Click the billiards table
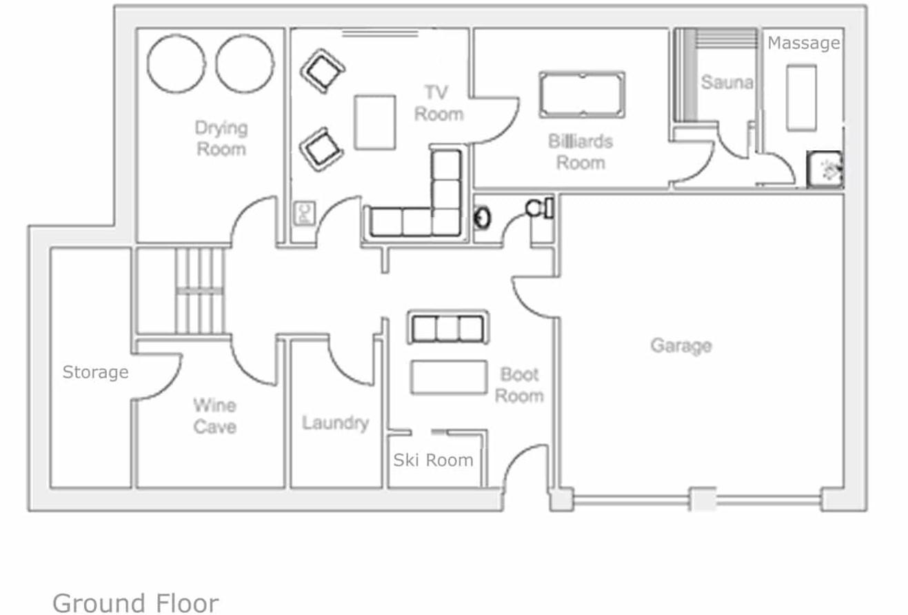click(x=582, y=95)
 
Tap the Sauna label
click(x=727, y=82)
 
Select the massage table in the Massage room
click(x=801, y=98)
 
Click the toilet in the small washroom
click(x=540, y=208)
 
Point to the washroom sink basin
click(x=482, y=218)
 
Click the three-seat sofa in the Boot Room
click(x=448, y=327)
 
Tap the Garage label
click(x=681, y=346)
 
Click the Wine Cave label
click(x=215, y=416)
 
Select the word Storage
click(x=96, y=372)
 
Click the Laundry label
click(x=336, y=423)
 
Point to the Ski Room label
click(x=434, y=460)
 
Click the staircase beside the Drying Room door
click(x=200, y=291)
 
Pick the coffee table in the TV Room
click(x=375, y=123)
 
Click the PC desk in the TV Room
click(x=305, y=213)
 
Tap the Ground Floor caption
click(x=136, y=603)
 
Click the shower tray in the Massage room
click(x=825, y=170)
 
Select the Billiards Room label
click(x=581, y=152)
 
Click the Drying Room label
click(x=221, y=139)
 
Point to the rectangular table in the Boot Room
click(x=449, y=377)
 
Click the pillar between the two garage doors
click(x=703, y=499)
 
